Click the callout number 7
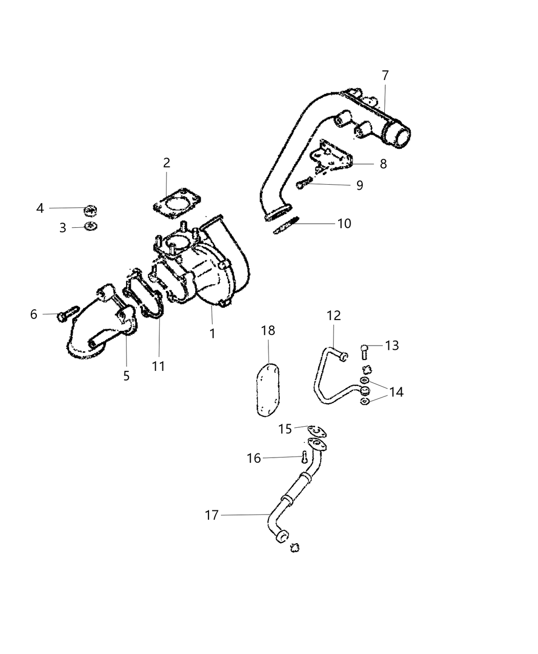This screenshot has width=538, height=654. pos(385,75)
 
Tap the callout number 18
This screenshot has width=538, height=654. pos(268,331)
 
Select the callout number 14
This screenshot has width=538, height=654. pos(396,392)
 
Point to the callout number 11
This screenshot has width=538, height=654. pos(158,366)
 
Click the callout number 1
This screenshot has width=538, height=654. pos(212,333)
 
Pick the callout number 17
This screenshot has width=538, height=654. pos(212,515)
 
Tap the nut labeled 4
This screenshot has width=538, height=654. pos(91,210)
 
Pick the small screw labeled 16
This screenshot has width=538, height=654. pos(304,455)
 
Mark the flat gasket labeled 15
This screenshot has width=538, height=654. pos(317,431)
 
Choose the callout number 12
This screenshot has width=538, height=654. pos(334,315)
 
